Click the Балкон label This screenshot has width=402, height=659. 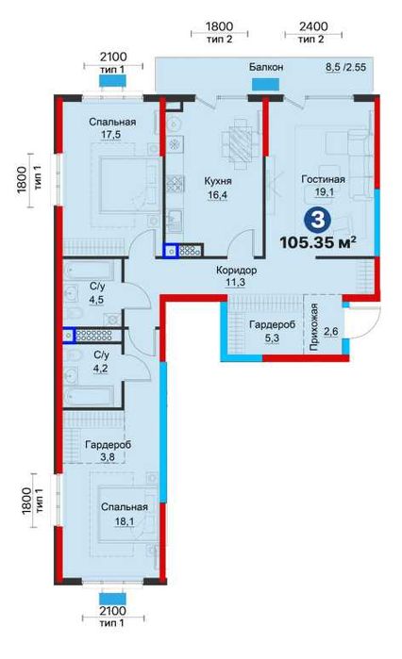coord(266,67)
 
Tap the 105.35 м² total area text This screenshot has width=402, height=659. coord(318,242)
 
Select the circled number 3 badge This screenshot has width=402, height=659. coord(318,220)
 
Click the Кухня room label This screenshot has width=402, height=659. coord(218,181)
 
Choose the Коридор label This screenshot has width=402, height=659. coord(236,271)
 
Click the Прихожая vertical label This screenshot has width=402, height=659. coord(313,327)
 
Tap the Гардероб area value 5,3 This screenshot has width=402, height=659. coord(272,338)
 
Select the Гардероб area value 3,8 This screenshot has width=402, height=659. coord(108,457)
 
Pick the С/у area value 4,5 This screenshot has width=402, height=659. coord(96,300)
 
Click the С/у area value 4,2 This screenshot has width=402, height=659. coord(101,369)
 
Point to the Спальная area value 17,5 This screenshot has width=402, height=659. coord(112,135)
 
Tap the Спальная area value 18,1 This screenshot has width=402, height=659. coord(125,521)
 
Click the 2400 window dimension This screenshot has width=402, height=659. coord(313,26)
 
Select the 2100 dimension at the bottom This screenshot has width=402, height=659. coord(113,610)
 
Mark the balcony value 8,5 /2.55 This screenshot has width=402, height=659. coord(345,67)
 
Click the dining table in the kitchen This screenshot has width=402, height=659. coord(240,143)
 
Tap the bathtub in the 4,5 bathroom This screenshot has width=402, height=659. coord(89,271)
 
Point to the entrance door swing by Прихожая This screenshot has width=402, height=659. coord(363,322)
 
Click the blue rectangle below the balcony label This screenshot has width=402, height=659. coord(265,84)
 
